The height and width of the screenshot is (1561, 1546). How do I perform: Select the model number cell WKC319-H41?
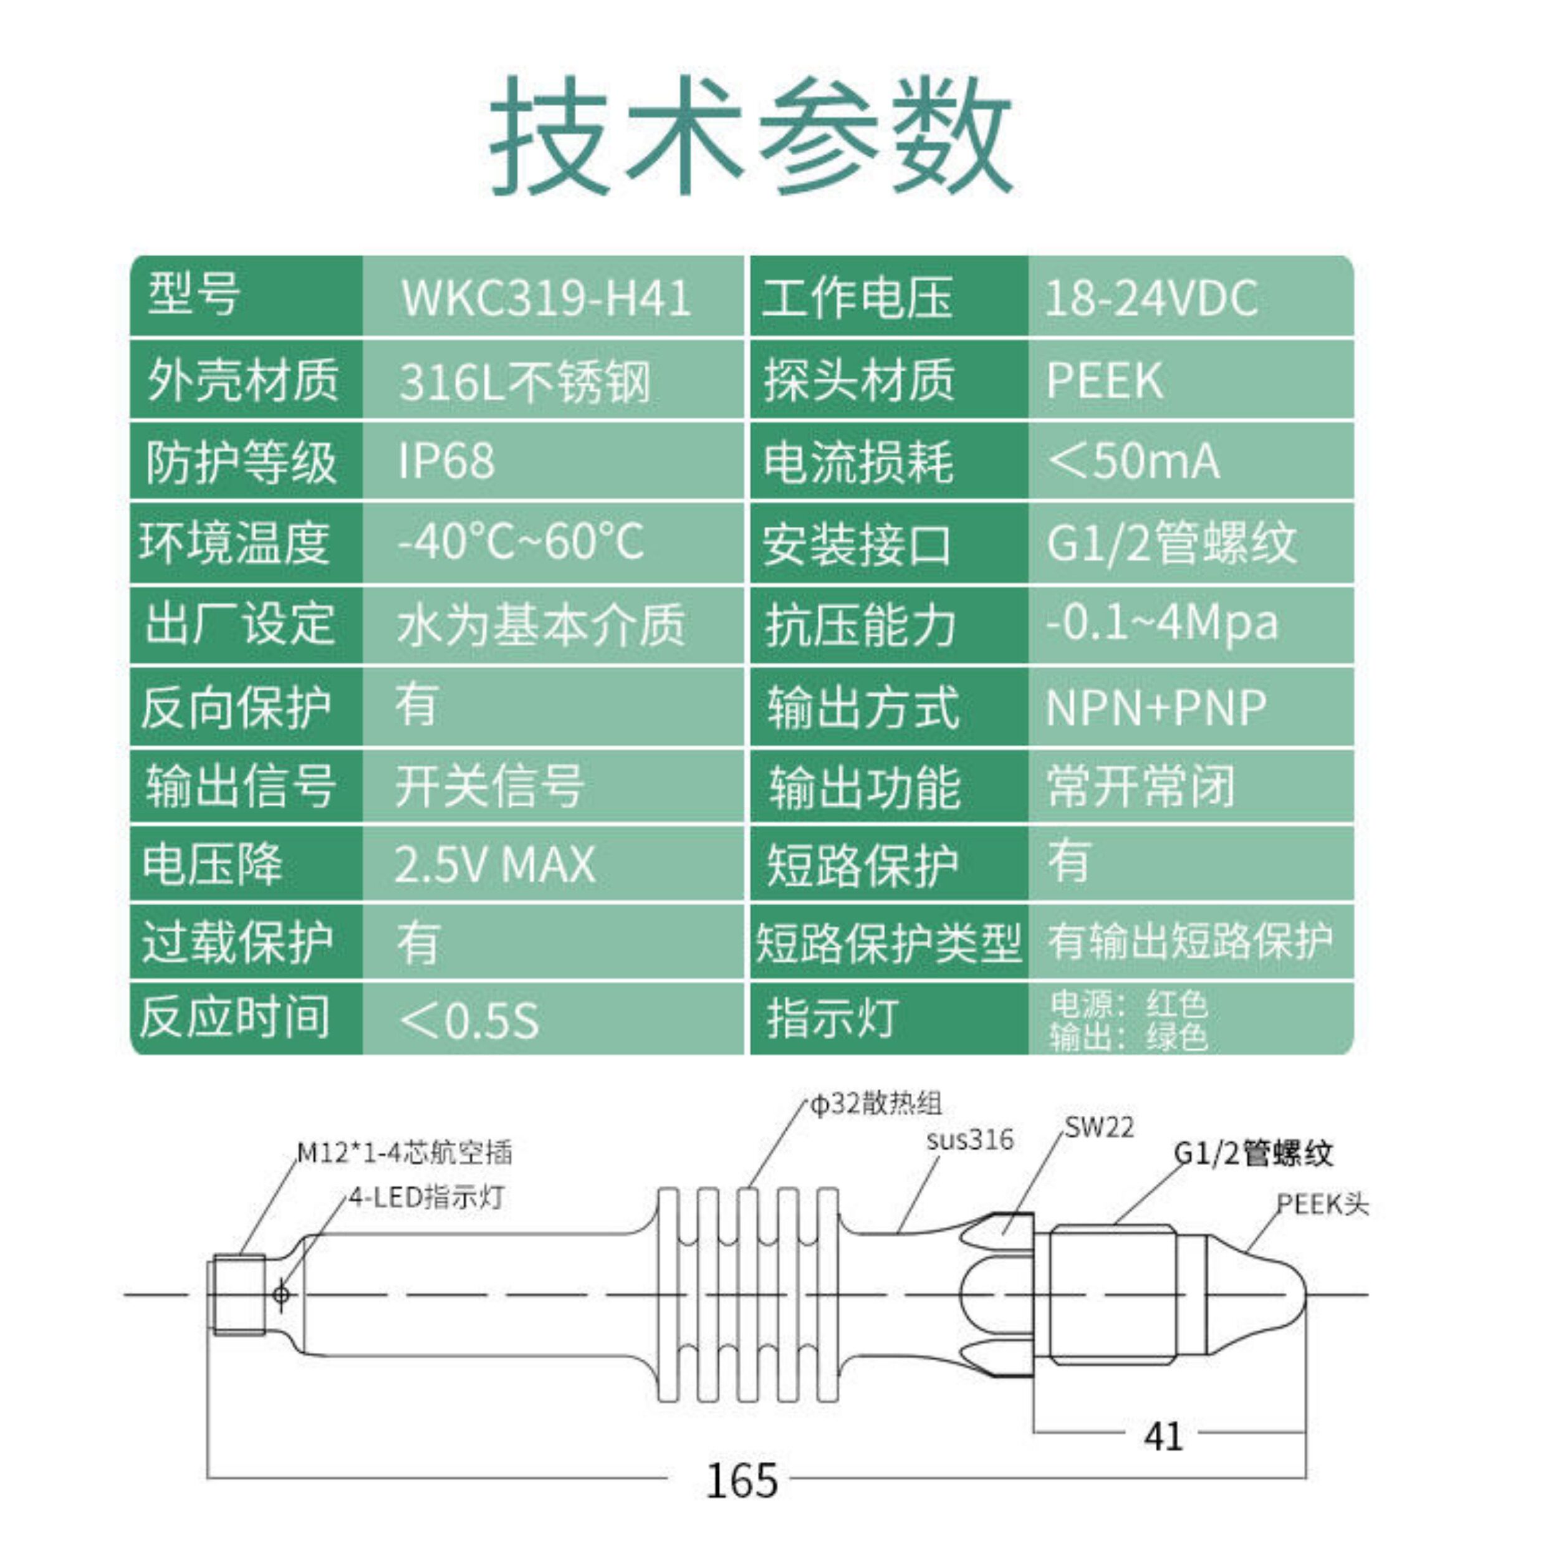coord(546,297)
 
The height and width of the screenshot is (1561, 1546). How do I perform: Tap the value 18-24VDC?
coord(1151,297)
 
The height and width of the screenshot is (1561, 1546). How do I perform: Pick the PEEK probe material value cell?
coord(1104,380)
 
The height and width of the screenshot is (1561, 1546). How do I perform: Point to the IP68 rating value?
coord(446,461)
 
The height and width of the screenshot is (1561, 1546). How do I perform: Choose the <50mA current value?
coord(1133,461)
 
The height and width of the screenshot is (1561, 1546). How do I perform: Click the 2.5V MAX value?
coord(494,865)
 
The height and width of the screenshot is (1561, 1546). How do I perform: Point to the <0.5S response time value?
coord(469,1020)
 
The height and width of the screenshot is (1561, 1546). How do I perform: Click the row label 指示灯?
coord(832,1018)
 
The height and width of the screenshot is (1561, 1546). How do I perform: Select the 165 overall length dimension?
coord(741,1480)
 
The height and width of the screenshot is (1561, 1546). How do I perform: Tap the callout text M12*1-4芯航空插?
coord(404,1153)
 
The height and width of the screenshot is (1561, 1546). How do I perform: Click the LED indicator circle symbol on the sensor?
coord(281,1295)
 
